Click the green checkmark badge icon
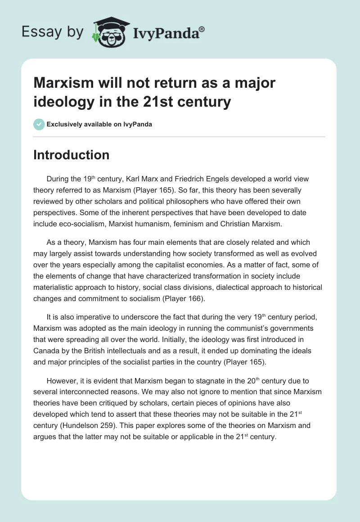click(x=39, y=124)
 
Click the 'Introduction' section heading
click(x=72, y=155)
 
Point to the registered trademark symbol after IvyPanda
click(x=202, y=29)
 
